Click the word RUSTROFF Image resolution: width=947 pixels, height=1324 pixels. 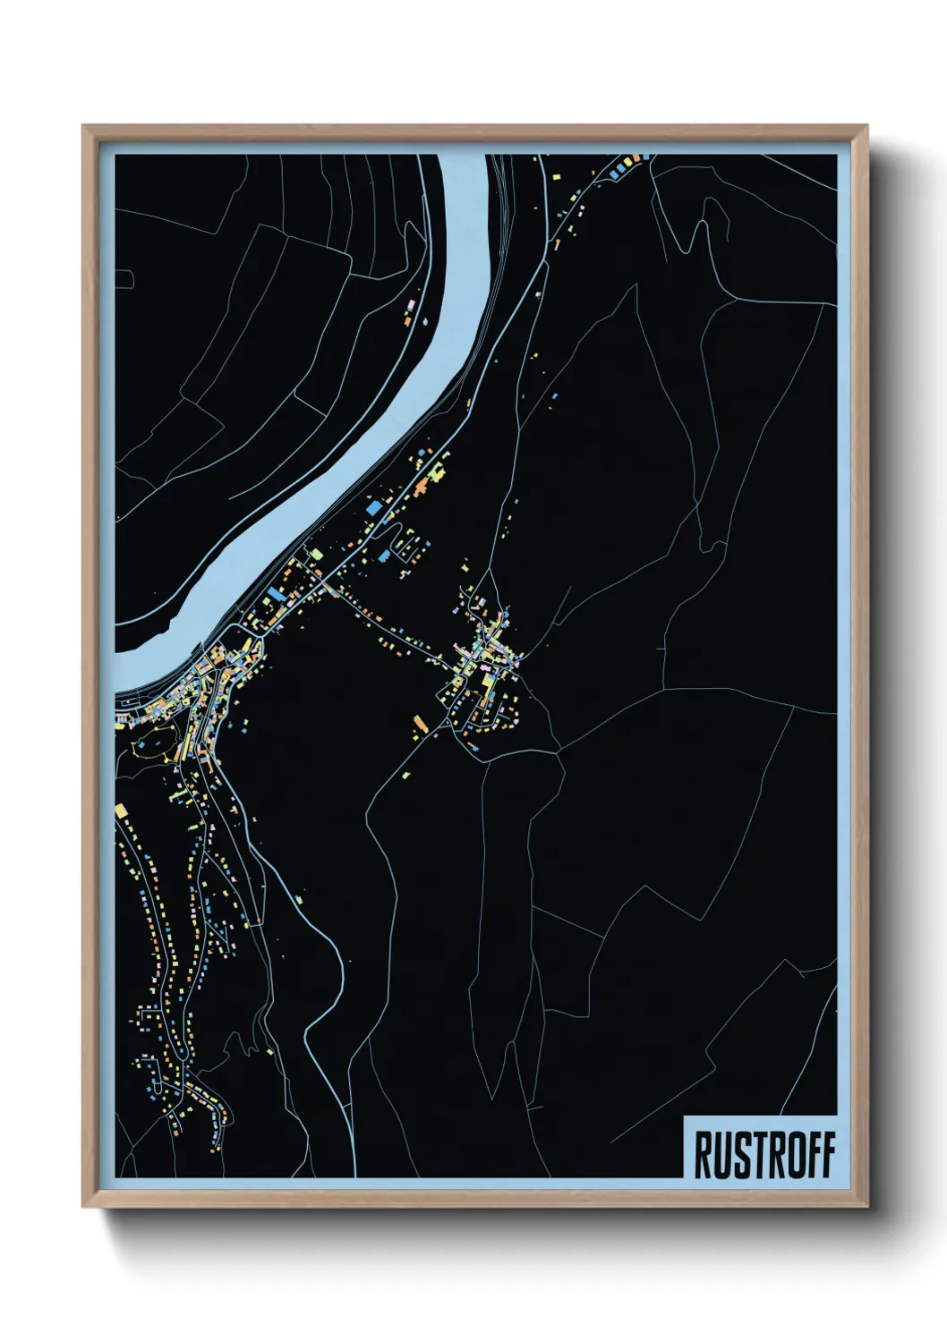(764, 1155)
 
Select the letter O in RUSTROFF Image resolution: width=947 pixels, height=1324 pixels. (789, 1155)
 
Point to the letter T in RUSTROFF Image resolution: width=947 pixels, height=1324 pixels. (755, 1155)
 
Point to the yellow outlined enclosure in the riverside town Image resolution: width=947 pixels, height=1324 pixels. (152, 744)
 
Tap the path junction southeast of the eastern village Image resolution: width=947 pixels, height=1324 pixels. (559, 751)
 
